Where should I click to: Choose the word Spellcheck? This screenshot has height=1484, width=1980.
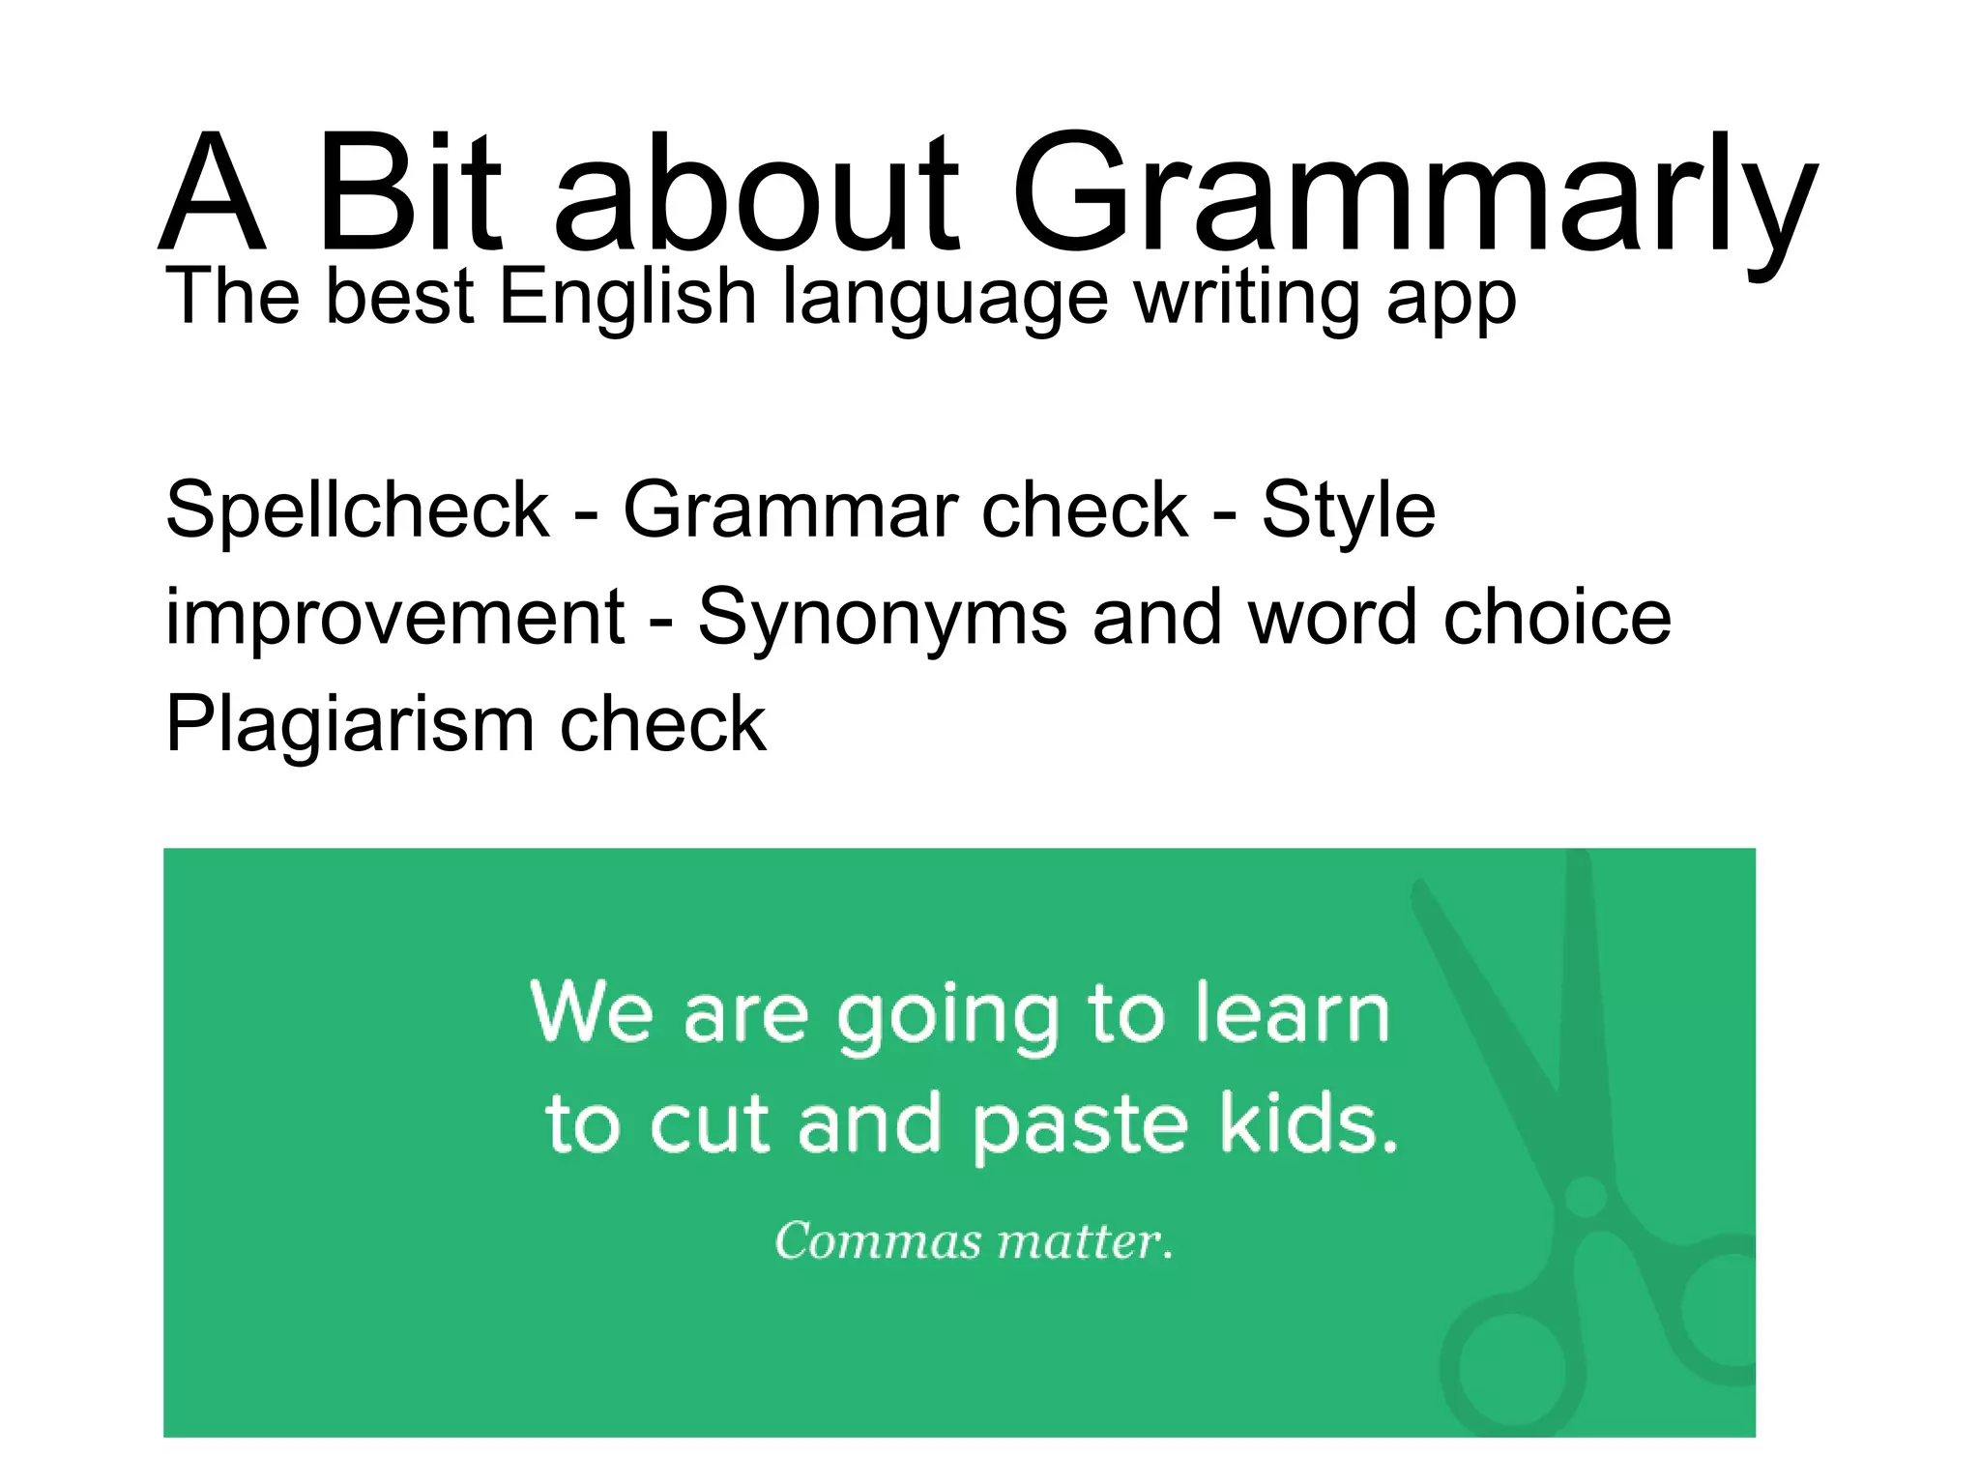point(357,509)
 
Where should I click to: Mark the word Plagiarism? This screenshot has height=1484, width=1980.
point(349,725)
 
